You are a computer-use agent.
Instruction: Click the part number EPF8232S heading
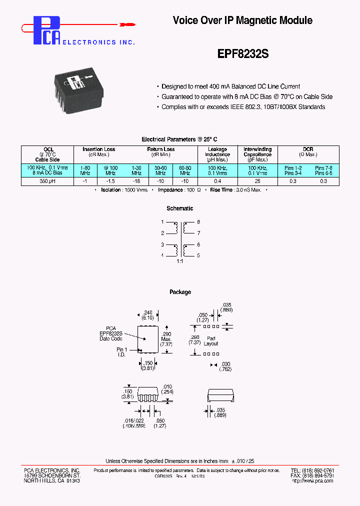(243, 54)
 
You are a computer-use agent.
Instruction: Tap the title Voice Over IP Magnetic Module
(242, 20)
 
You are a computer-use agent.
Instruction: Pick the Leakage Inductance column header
(217, 152)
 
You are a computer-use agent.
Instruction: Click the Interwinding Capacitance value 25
(257, 181)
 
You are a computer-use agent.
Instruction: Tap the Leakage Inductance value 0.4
(217, 181)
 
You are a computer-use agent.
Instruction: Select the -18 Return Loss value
(136, 181)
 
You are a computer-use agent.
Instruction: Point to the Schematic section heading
(179, 208)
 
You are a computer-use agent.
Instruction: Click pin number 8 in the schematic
(198, 221)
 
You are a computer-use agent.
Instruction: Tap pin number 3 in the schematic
(162, 244)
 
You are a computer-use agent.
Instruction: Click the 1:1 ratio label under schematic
(179, 261)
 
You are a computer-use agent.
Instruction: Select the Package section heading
(180, 292)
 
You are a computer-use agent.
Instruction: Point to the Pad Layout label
(211, 341)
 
